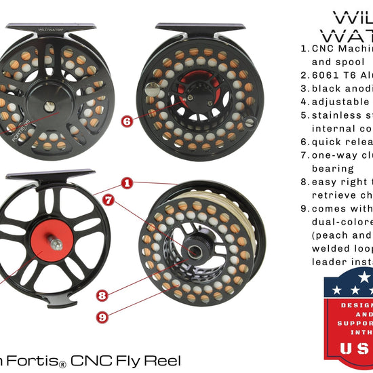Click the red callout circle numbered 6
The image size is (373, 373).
pyautogui.click(x=127, y=121)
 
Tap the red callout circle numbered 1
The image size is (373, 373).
pyautogui.click(x=126, y=182)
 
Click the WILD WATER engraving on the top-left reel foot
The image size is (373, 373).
pyautogui.click(x=47, y=30)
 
